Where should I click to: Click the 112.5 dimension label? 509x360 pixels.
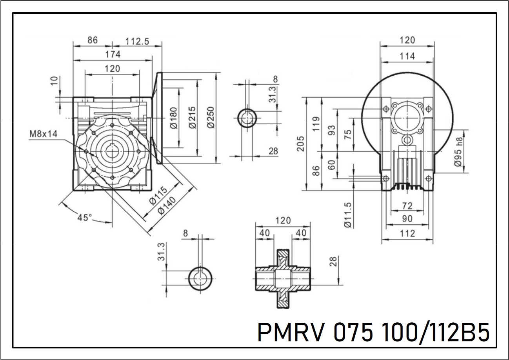137,41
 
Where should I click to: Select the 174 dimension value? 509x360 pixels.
113,55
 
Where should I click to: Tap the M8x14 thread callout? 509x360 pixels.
44,134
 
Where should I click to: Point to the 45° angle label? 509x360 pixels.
85,218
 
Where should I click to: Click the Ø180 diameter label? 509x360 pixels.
174,118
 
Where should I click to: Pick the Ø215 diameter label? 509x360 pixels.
192,118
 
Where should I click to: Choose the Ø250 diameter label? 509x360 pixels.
211,118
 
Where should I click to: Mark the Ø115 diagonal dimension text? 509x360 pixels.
158,196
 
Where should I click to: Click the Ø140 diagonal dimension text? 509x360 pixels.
167,205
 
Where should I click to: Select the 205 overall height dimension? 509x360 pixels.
300,144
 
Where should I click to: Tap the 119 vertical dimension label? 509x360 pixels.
316,124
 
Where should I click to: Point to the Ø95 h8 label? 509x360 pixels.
458,152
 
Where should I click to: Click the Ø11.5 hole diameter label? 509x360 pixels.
348,215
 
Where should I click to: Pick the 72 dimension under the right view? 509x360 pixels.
407,206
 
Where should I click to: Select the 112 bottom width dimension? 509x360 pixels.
407,233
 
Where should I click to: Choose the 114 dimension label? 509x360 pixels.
407,56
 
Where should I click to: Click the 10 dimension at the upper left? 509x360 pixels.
54,81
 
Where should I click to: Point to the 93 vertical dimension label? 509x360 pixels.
332,130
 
